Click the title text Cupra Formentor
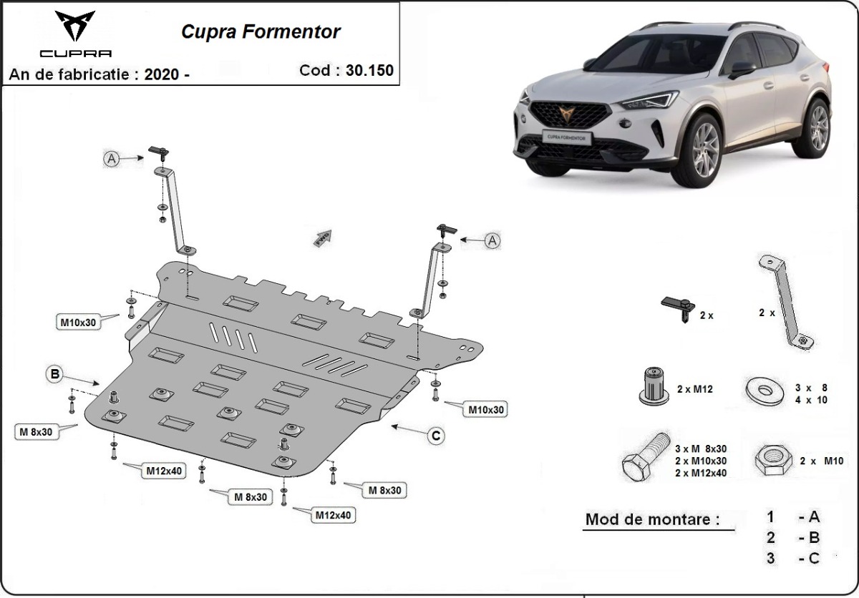click(x=261, y=31)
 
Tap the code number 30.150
click(x=370, y=70)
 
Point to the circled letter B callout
click(x=54, y=373)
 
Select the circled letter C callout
click(x=435, y=435)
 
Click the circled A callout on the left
click(x=112, y=160)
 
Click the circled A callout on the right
click(x=492, y=241)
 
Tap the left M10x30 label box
click(x=78, y=323)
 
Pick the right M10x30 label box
click(x=487, y=410)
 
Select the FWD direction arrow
click(x=322, y=237)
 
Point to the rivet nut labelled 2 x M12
click(x=651, y=387)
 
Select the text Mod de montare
click(x=652, y=519)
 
